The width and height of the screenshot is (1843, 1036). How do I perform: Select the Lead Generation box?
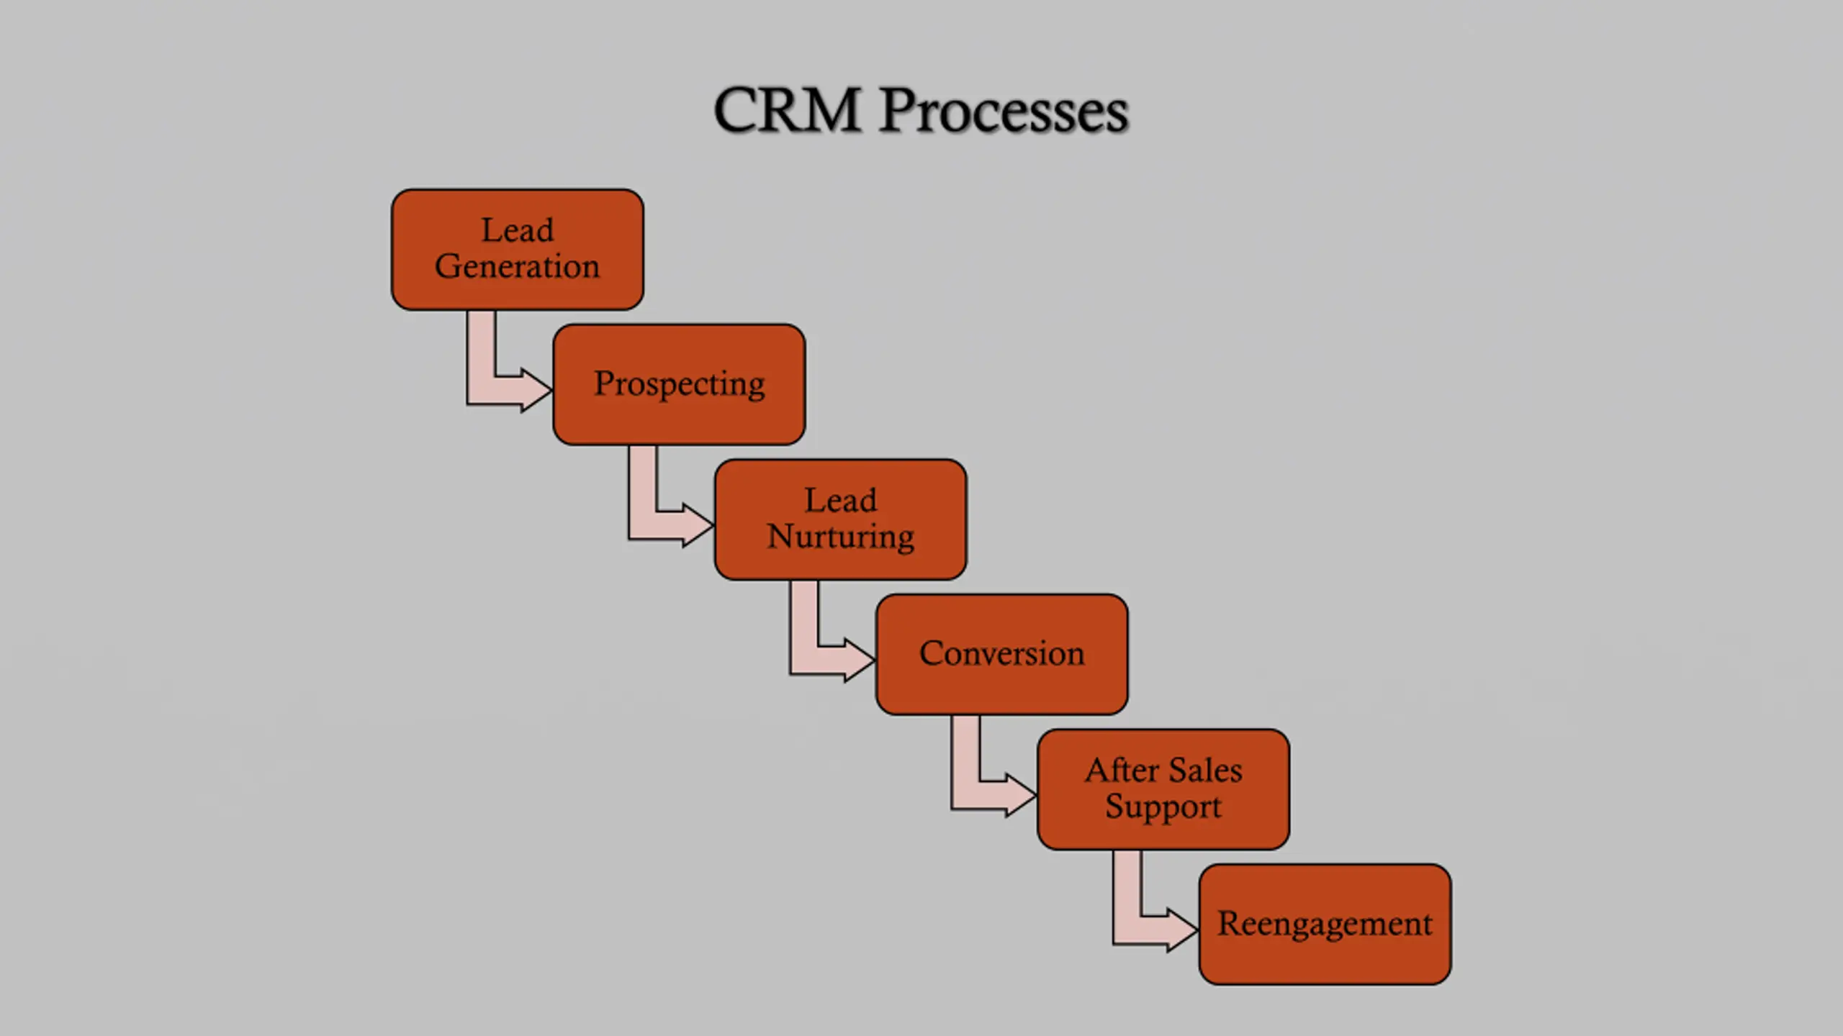(517, 249)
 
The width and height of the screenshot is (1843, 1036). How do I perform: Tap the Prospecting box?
(679, 384)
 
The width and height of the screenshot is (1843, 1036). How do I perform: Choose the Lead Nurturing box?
(840, 519)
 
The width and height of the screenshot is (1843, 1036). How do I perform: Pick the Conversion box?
(1001, 654)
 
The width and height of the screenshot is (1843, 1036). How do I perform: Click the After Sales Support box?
(1163, 789)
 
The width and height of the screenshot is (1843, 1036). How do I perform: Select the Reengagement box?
(1325, 924)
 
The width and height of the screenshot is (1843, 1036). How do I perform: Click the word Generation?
(517, 267)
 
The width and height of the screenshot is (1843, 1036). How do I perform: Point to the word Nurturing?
(840, 537)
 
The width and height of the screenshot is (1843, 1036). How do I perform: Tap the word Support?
(1163, 806)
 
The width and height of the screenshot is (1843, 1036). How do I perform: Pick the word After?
(1122, 771)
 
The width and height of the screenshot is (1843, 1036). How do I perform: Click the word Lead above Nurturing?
(840, 501)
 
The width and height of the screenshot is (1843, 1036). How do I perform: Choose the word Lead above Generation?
(517, 231)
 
